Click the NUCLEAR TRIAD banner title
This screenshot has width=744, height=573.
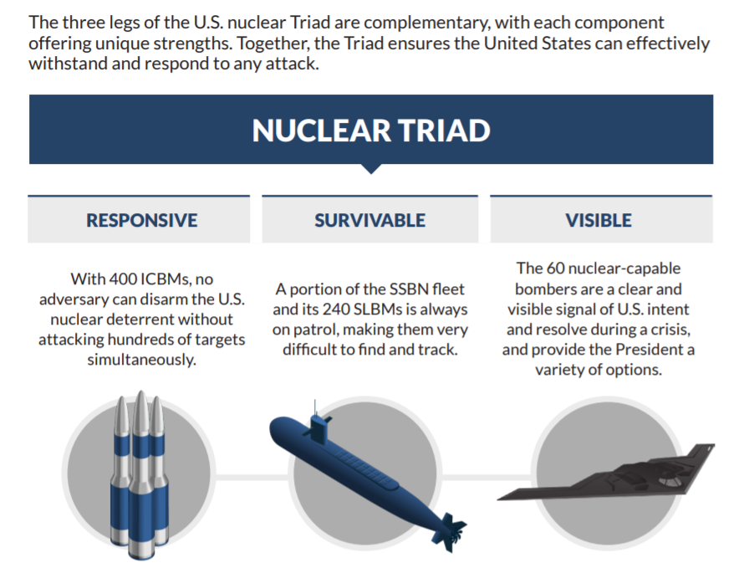[371, 130]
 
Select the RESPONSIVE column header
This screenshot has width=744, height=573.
[141, 220]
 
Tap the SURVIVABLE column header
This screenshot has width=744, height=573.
[370, 220]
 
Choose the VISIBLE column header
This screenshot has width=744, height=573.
[599, 220]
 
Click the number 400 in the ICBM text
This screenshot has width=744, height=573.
[124, 279]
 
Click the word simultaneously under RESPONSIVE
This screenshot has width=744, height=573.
[141, 360]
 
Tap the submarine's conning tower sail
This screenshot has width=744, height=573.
[318, 427]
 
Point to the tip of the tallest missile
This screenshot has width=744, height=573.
[141, 391]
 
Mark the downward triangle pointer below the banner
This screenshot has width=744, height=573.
[371, 168]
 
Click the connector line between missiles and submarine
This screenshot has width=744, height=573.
[252, 476]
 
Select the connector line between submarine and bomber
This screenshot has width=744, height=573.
[487, 476]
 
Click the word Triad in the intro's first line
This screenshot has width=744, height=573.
[310, 23]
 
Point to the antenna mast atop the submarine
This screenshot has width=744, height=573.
[314, 407]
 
